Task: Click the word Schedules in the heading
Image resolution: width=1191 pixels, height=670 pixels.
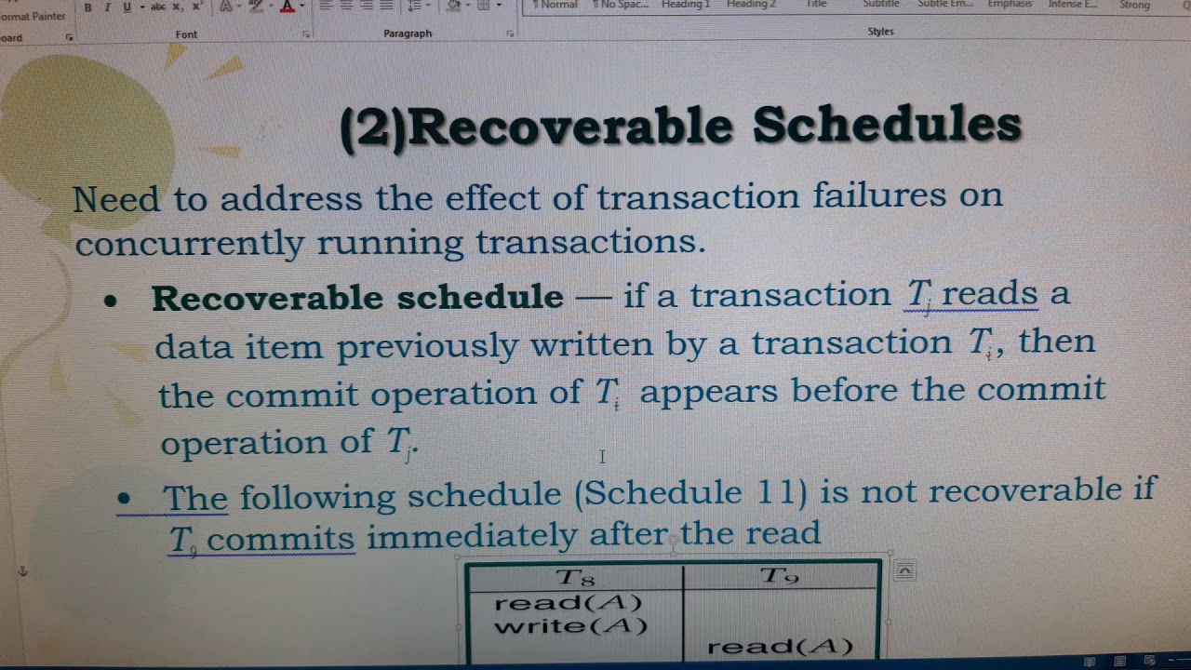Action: (887, 125)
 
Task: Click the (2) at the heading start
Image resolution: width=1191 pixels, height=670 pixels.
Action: (373, 128)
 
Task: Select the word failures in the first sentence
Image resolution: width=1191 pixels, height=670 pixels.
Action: (877, 196)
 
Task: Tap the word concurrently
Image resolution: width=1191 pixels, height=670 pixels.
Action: (190, 244)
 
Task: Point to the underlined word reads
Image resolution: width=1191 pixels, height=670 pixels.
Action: (989, 294)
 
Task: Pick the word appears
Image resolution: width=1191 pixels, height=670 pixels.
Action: (707, 391)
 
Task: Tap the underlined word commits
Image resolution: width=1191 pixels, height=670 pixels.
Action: (281, 539)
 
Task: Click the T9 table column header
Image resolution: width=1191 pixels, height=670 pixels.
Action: (780, 576)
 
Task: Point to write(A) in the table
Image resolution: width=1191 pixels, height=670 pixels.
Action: (570, 626)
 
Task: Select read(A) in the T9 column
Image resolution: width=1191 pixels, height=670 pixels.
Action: (780, 647)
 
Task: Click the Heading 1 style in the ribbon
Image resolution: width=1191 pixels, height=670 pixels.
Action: (686, 5)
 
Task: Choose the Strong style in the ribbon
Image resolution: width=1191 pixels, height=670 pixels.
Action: (1134, 5)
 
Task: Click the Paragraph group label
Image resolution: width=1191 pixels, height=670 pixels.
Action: (408, 33)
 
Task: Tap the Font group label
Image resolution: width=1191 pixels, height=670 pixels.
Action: (186, 33)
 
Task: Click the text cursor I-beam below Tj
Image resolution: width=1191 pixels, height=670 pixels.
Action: (602, 456)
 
